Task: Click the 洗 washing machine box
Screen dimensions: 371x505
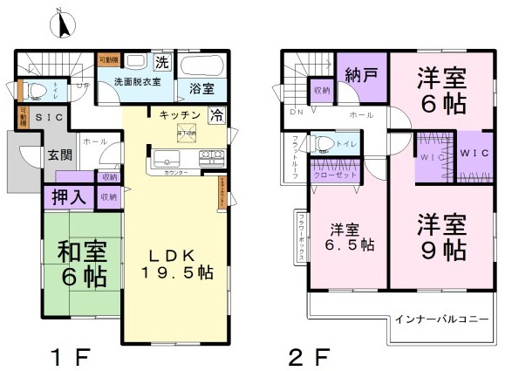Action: [x=161, y=62]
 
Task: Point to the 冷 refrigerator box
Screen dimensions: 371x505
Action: [x=216, y=113]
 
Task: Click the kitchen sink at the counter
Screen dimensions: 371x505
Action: [x=167, y=160]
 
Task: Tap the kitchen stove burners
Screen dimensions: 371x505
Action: [x=211, y=159]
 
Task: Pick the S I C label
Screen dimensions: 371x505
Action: [x=48, y=116]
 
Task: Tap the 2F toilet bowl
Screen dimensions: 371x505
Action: [x=324, y=143]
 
